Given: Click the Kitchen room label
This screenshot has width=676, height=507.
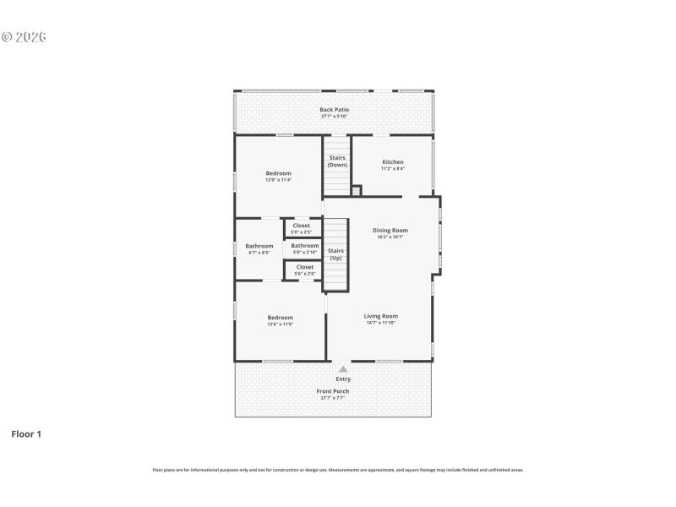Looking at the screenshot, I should tap(393, 162).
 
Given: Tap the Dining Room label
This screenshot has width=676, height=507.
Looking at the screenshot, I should tap(390, 230).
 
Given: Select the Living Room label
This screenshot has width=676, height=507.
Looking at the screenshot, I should tap(381, 316).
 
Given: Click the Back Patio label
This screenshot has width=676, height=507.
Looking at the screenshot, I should tap(334, 110).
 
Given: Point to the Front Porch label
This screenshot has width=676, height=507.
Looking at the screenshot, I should tap(333, 391).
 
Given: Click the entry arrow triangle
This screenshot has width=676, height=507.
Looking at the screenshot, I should tap(343, 369).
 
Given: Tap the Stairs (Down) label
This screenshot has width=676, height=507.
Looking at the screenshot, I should tap(337, 161).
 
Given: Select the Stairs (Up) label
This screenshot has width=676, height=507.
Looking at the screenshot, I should tap(335, 253).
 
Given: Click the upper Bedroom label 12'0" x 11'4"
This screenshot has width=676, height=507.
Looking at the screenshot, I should tap(278, 173).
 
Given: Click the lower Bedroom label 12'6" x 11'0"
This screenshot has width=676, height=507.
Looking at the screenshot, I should tap(281, 318).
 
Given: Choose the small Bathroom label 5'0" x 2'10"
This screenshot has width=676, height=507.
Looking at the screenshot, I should tap(305, 246).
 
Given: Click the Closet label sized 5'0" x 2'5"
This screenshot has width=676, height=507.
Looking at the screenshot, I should tap(302, 226).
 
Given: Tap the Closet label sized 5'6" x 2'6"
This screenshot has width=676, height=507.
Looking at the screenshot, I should tap(304, 267).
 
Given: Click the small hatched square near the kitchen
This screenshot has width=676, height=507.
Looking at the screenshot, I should tap(356, 191).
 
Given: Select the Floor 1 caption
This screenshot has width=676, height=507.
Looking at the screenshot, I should tap(25, 434).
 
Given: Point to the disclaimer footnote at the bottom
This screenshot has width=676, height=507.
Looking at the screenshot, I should tap(337, 470).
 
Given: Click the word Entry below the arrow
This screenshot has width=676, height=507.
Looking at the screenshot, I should tap(343, 379).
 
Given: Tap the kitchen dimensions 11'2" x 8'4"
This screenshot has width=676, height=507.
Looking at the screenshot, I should tap(393, 169).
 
